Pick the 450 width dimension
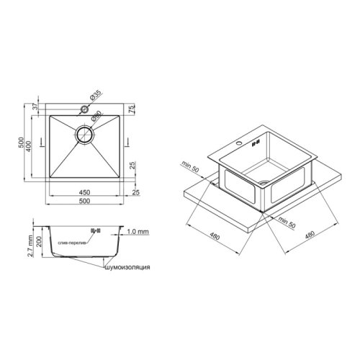click(84, 192)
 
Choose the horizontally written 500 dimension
click(84, 202)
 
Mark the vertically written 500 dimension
click(22, 144)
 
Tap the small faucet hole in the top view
click(84, 110)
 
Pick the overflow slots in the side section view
click(92, 230)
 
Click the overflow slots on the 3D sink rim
click(253, 144)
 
